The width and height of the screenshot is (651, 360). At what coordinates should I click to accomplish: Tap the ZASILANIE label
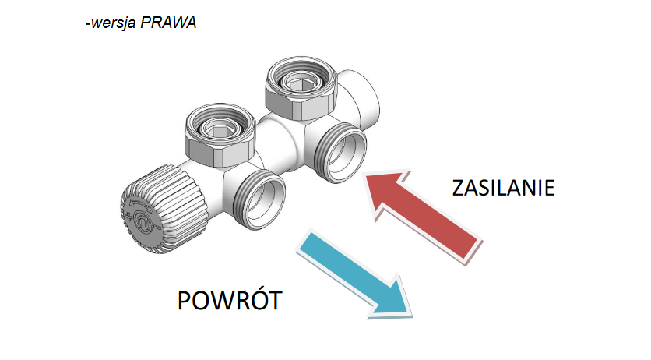click(503, 189)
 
